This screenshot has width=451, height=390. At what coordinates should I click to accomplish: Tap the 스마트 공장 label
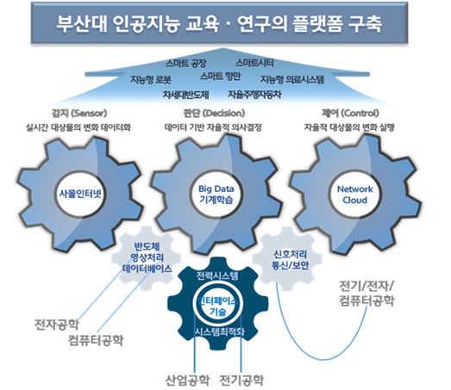point(185,64)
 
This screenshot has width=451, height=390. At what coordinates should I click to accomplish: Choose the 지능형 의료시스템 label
point(292,79)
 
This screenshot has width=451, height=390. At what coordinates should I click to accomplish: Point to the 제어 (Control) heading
point(363,113)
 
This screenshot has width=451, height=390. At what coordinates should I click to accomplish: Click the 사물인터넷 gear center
point(79,193)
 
